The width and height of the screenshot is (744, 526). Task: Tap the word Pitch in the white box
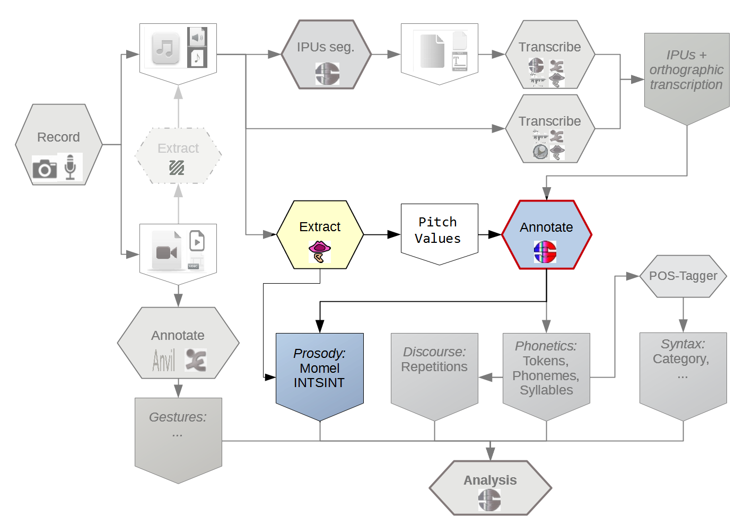tap(437, 222)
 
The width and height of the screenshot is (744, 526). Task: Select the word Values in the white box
tap(437, 239)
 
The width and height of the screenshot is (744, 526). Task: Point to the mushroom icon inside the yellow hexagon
tap(319, 251)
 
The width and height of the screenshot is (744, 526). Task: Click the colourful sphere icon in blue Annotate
tap(545, 252)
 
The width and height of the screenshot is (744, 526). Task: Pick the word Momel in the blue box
tap(319, 368)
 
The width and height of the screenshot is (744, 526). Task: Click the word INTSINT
tap(319, 383)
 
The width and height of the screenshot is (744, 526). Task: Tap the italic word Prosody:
tap(319, 353)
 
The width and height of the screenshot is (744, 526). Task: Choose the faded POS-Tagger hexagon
tap(683, 276)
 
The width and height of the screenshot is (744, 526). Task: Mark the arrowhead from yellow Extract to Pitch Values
tap(394, 234)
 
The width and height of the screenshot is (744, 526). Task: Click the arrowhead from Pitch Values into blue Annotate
tap(495, 234)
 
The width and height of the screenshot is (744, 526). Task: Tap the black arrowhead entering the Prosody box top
tap(320, 326)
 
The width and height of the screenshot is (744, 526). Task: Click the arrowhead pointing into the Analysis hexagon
tap(491, 453)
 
